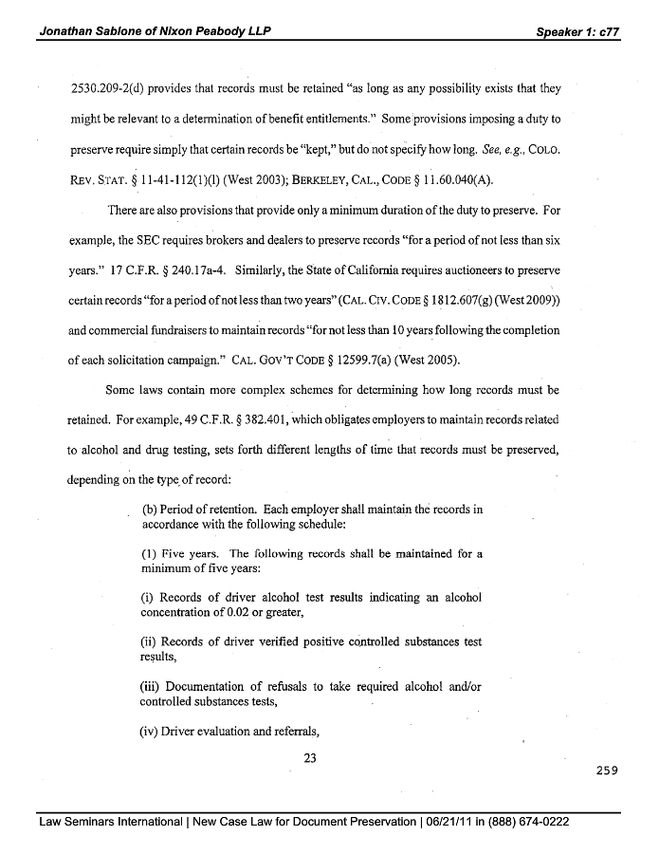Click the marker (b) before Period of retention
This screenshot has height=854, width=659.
point(150,509)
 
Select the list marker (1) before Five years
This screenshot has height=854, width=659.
point(150,553)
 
